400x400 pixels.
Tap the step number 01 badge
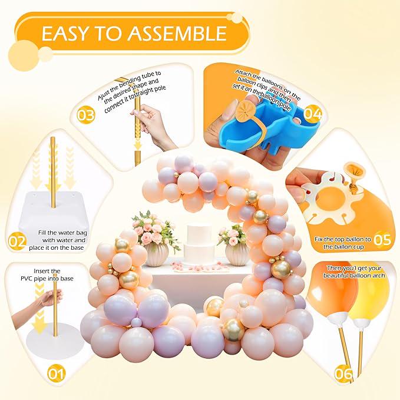tap(57, 372)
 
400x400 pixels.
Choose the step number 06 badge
tap(343, 372)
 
